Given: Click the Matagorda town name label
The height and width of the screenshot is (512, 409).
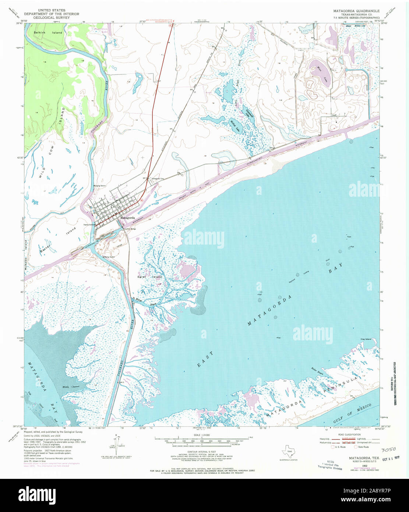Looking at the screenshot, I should pyautogui.click(x=127, y=218).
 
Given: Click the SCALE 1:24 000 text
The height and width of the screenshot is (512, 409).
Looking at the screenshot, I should pyautogui.click(x=202, y=435).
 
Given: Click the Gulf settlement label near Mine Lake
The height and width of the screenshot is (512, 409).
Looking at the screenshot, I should pyautogui.click(x=334, y=115).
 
